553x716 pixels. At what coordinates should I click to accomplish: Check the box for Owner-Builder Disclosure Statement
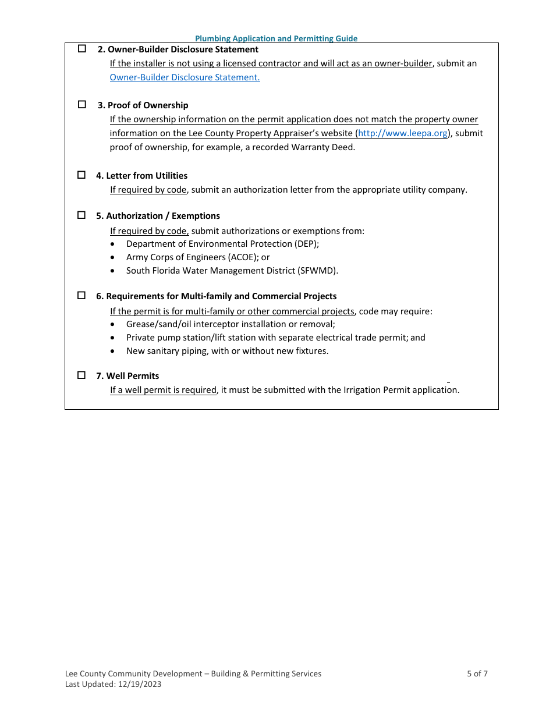(82, 49)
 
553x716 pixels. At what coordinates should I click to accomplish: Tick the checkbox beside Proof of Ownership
(82, 105)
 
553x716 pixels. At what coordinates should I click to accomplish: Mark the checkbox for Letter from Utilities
(82, 175)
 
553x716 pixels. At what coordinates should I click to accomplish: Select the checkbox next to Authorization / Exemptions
(82, 215)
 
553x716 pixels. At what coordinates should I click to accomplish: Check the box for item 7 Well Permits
(82, 375)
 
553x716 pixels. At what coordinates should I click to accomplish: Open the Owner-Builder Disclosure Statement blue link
(185, 77)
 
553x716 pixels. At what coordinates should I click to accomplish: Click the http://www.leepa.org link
(403, 133)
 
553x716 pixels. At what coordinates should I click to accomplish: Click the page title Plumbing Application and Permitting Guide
(276, 38)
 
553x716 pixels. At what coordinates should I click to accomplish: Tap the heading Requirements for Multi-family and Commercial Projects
(216, 296)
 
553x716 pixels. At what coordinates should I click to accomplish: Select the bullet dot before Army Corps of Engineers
(113, 257)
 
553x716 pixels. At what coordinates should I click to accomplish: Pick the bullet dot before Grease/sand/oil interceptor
(113, 324)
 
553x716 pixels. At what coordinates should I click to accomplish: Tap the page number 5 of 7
(477, 674)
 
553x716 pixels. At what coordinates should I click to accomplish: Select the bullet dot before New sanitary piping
(113, 351)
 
